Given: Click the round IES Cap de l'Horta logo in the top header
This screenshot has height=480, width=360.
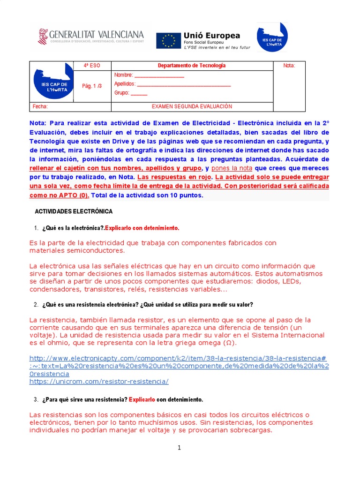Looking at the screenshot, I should click(272, 37).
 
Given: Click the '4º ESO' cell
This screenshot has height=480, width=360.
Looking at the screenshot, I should click(91, 66).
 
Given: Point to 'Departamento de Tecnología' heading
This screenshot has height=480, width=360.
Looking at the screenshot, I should click(192, 66).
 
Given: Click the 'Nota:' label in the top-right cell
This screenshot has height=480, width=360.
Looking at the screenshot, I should click(289, 66).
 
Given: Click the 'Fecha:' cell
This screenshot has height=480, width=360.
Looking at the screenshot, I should click(40, 106).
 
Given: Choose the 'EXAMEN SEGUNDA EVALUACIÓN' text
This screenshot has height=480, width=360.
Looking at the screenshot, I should click(192, 106).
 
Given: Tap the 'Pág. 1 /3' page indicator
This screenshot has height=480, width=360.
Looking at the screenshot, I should click(91, 86).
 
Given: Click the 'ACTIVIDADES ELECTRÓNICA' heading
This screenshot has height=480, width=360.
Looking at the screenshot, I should click(74, 212).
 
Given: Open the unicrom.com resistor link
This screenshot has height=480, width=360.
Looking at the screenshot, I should click(99, 382).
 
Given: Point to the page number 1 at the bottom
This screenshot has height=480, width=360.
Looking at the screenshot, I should click(179, 448).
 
